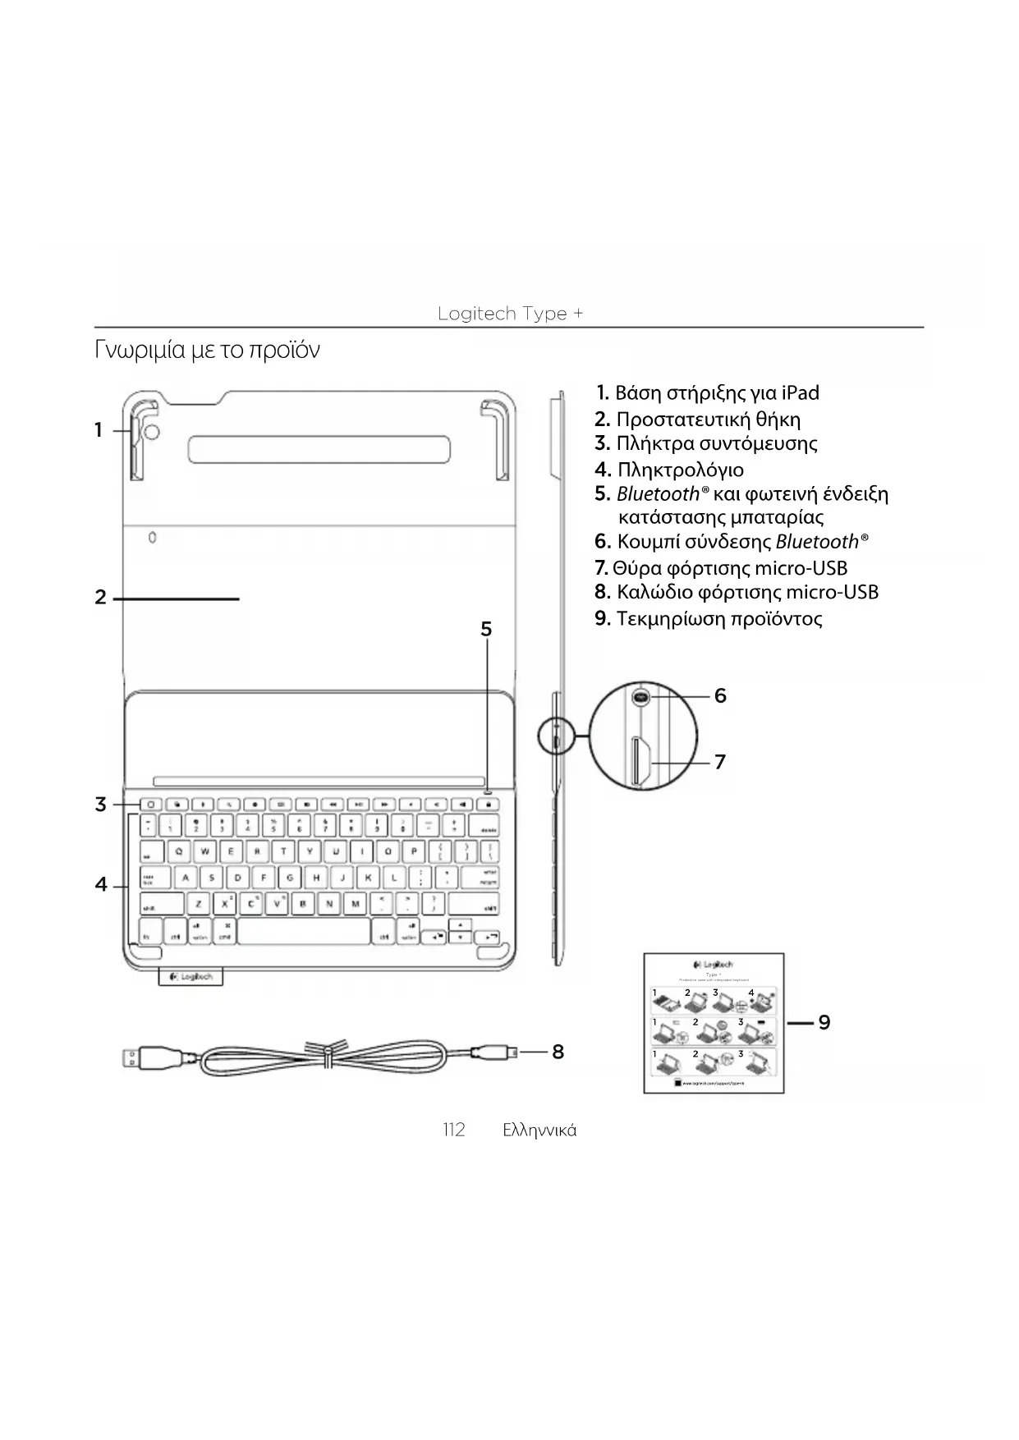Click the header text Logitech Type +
pyautogui.click(x=510, y=314)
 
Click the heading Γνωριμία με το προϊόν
pyautogui.click(x=207, y=350)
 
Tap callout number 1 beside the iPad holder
pyautogui.click(x=99, y=430)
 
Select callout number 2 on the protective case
pyautogui.click(x=100, y=598)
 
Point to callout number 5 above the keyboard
pyautogui.click(x=486, y=630)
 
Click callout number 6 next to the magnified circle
pyautogui.click(x=720, y=696)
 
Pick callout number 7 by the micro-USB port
pyautogui.click(x=720, y=763)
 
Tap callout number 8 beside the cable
pyautogui.click(x=558, y=1052)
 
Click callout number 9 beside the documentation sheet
pyautogui.click(x=824, y=1022)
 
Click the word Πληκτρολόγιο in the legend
pyautogui.click(x=680, y=470)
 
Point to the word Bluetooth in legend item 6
pyautogui.click(x=817, y=542)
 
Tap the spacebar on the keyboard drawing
pyautogui.click(x=304, y=932)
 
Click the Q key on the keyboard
pyautogui.click(x=179, y=851)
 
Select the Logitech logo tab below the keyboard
pyautogui.click(x=190, y=977)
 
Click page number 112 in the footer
pyautogui.click(x=453, y=1130)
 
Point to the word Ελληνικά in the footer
pyautogui.click(x=539, y=1130)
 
